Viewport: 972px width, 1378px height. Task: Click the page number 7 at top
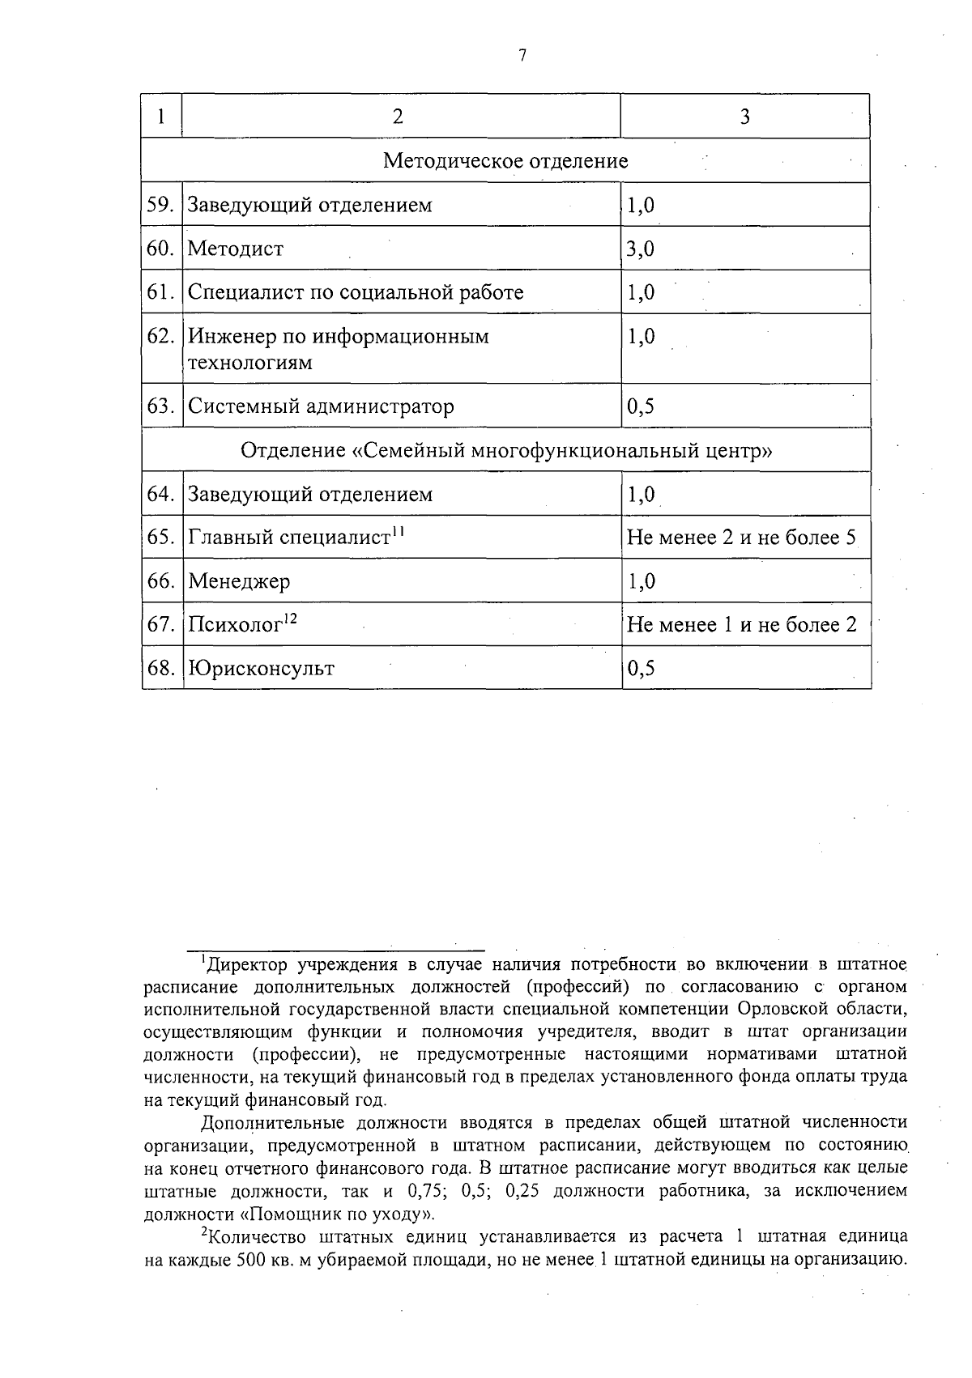point(522,55)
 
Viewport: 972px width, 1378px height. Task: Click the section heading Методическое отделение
point(505,160)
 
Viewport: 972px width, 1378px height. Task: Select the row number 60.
point(160,249)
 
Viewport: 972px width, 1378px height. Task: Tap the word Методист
point(236,249)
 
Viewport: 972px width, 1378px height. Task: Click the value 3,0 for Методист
point(640,249)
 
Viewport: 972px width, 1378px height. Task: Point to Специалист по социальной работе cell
point(356,292)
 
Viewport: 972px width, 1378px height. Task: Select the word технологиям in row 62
point(250,363)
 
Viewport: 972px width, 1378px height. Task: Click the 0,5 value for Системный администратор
point(640,406)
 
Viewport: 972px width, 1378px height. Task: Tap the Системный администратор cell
point(321,406)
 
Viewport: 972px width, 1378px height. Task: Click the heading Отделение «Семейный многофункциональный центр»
point(505,450)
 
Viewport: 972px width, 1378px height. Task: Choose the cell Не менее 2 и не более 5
point(741,538)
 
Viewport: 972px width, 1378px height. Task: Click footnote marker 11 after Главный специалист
point(398,531)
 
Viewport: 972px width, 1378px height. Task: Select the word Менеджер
point(239,581)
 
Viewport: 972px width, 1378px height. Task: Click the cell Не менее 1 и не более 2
point(741,625)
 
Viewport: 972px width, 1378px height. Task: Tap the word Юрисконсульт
point(261,669)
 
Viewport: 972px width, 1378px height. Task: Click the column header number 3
point(744,117)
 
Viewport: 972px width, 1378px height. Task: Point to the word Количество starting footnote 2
point(258,1237)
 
